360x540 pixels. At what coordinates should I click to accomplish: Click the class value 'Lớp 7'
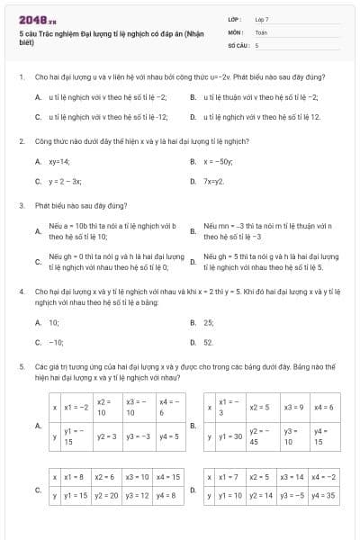pyautogui.click(x=262, y=18)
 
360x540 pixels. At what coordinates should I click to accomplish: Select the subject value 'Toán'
pyautogui.click(x=261, y=31)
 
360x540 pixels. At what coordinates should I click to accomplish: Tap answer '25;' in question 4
pyautogui.click(x=209, y=321)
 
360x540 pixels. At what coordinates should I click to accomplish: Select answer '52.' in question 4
pyautogui.click(x=209, y=342)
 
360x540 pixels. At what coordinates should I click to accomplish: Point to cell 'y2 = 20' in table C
pyautogui.click(x=107, y=495)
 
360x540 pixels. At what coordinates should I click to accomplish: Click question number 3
pyautogui.click(x=21, y=205)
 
